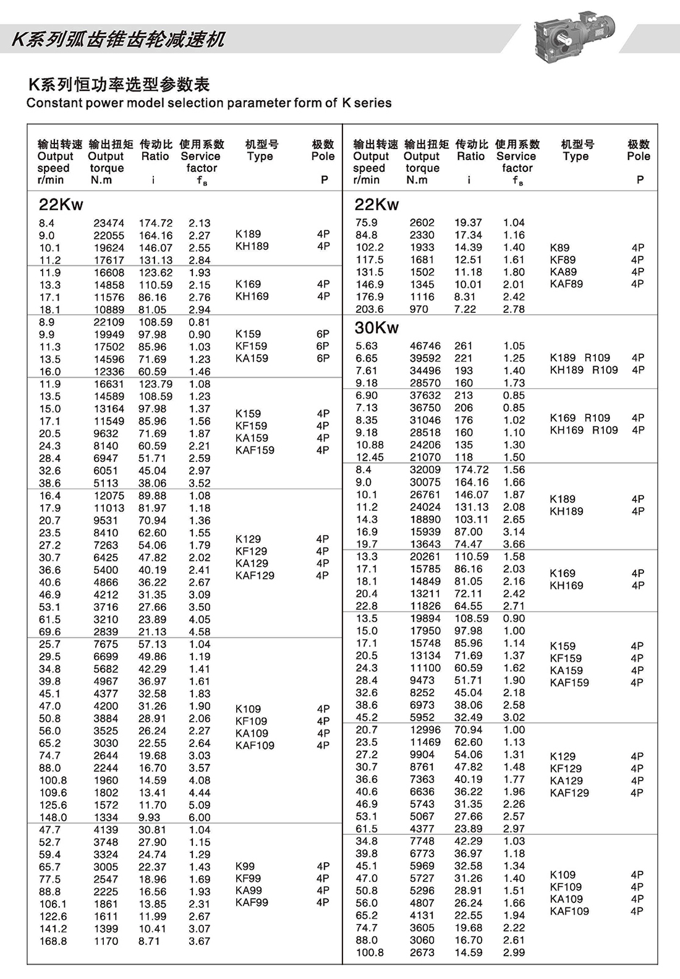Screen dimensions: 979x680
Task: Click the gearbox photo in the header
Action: click(577, 37)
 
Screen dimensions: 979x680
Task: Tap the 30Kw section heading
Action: click(376, 328)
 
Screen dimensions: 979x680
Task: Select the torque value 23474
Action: click(109, 223)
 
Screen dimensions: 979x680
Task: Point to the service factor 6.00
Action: click(200, 818)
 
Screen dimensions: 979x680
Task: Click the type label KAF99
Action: click(252, 903)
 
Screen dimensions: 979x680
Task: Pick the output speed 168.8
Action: click(53, 941)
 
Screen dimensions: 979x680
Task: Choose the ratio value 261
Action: click(463, 346)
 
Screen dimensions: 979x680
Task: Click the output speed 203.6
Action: click(370, 309)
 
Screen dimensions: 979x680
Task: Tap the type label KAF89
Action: click(566, 284)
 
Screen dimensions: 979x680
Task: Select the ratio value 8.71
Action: click(149, 941)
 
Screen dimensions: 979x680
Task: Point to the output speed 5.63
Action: click(367, 346)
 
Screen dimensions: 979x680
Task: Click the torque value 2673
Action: click(422, 953)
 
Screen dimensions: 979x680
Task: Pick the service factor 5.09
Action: click(200, 805)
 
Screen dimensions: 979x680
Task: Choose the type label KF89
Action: click(563, 260)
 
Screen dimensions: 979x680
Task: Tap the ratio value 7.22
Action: click(465, 309)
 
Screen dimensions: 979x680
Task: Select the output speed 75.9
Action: click(367, 223)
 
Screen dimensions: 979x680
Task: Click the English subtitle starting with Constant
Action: click(209, 103)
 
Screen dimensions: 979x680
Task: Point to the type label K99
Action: click(245, 866)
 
